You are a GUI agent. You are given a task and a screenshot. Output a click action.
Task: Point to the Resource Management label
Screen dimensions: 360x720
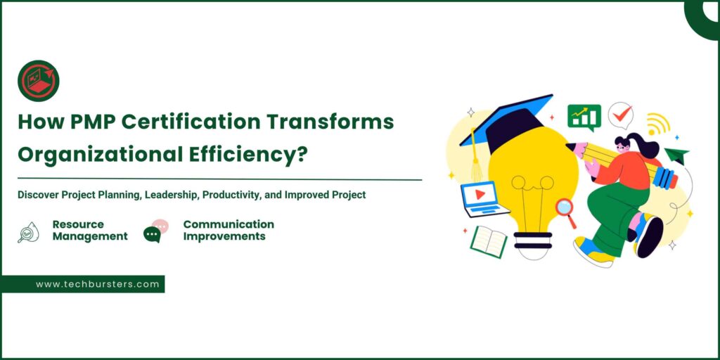click(x=89, y=230)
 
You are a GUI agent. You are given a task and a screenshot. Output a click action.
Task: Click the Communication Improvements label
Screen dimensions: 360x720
click(x=228, y=230)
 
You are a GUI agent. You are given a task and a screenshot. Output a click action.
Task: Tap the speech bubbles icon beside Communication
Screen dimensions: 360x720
click(x=155, y=231)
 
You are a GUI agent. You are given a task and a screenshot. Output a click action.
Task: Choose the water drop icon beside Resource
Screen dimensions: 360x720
click(x=28, y=231)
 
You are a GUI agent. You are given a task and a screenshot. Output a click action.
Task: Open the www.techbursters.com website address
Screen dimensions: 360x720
click(x=98, y=284)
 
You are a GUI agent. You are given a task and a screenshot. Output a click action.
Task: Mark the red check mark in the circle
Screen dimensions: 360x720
click(x=620, y=115)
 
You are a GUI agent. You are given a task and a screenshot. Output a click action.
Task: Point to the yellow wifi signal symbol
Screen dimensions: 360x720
click(x=657, y=124)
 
